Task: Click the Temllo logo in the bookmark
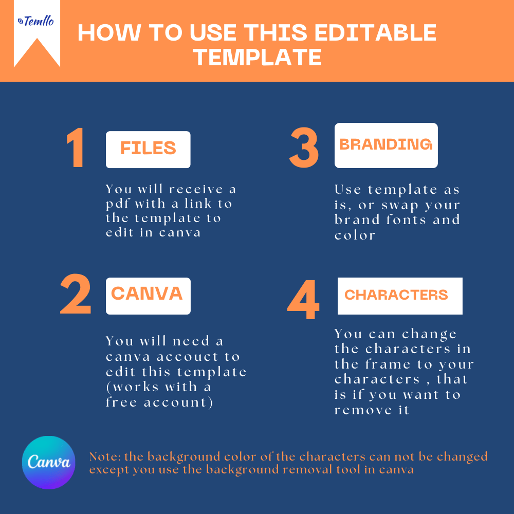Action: click(36, 21)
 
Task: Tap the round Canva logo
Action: click(48, 462)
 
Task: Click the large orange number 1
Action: click(76, 148)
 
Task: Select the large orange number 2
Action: click(76, 293)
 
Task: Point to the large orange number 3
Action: click(304, 148)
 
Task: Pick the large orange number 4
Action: click(303, 299)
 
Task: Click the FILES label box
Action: click(148, 150)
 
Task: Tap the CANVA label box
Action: click(148, 296)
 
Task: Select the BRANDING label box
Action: click(386, 145)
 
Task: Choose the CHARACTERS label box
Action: click(400, 296)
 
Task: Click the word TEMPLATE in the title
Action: click(258, 57)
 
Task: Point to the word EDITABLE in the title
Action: click(375, 32)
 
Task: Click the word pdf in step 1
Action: click(118, 204)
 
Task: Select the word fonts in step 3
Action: click(407, 219)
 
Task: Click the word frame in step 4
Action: click(388, 364)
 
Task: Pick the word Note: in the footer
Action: click(105, 456)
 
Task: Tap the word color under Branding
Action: click(355, 235)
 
